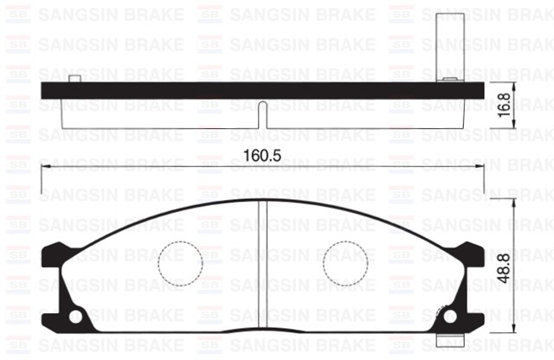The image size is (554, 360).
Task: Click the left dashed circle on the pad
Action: pyautogui.click(x=181, y=259)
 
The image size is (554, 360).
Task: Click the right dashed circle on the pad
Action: pyautogui.click(x=345, y=259)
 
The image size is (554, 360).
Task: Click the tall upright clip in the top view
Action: pyautogui.click(x=448, y=43)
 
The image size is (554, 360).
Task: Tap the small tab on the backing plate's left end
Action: pyautogui.click(x=74, y=80)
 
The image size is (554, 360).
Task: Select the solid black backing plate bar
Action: pyautogui.click(x=260, y=91)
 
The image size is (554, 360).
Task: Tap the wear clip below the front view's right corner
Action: pyautogui.click(x=447, y=341)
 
